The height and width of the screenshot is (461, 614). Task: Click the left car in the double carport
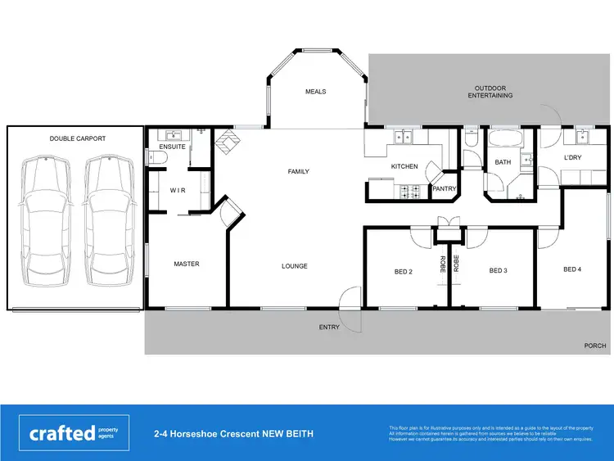click(x=47, y=219)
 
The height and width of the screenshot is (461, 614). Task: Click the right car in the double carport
click(x=108, y=219)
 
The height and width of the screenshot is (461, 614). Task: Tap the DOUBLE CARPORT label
click(x=78, y=139)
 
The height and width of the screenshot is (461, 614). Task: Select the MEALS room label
click(x=316, y=92)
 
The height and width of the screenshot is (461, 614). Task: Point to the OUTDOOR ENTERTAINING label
click(x=490, y=92)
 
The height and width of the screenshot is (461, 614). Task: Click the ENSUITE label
click(x=173, y=147)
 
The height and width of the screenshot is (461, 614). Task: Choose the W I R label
click(x=178, y=190)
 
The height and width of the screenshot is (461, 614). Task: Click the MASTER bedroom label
click(x=187, y=264)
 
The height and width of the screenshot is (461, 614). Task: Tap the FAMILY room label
click(x=299, y=172)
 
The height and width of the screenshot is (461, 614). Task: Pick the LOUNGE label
click(x=295, y=266)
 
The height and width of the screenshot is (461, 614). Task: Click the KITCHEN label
click(x=404, y=166)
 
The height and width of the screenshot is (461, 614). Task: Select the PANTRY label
click(x=444, y=188)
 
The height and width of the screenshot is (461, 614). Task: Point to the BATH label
click(x=503, y=162)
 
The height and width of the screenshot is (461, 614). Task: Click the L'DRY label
click(x=572, y=157)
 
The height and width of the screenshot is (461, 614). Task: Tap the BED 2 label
click(x=404, y=271)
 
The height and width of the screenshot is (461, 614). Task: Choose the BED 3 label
click(x=499, y=271)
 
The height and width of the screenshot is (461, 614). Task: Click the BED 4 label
click(x=572, y=269)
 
